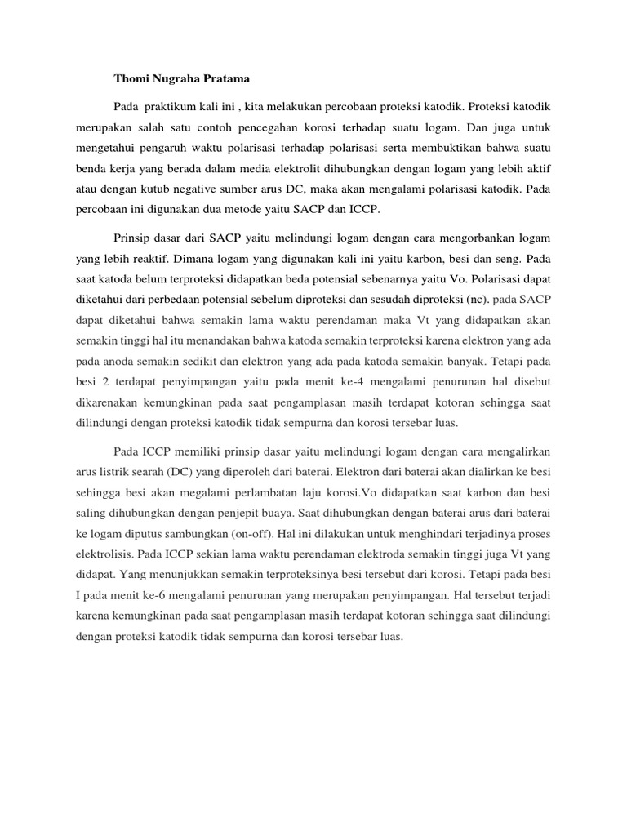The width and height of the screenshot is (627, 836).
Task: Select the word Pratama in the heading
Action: [x=221, y=79]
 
